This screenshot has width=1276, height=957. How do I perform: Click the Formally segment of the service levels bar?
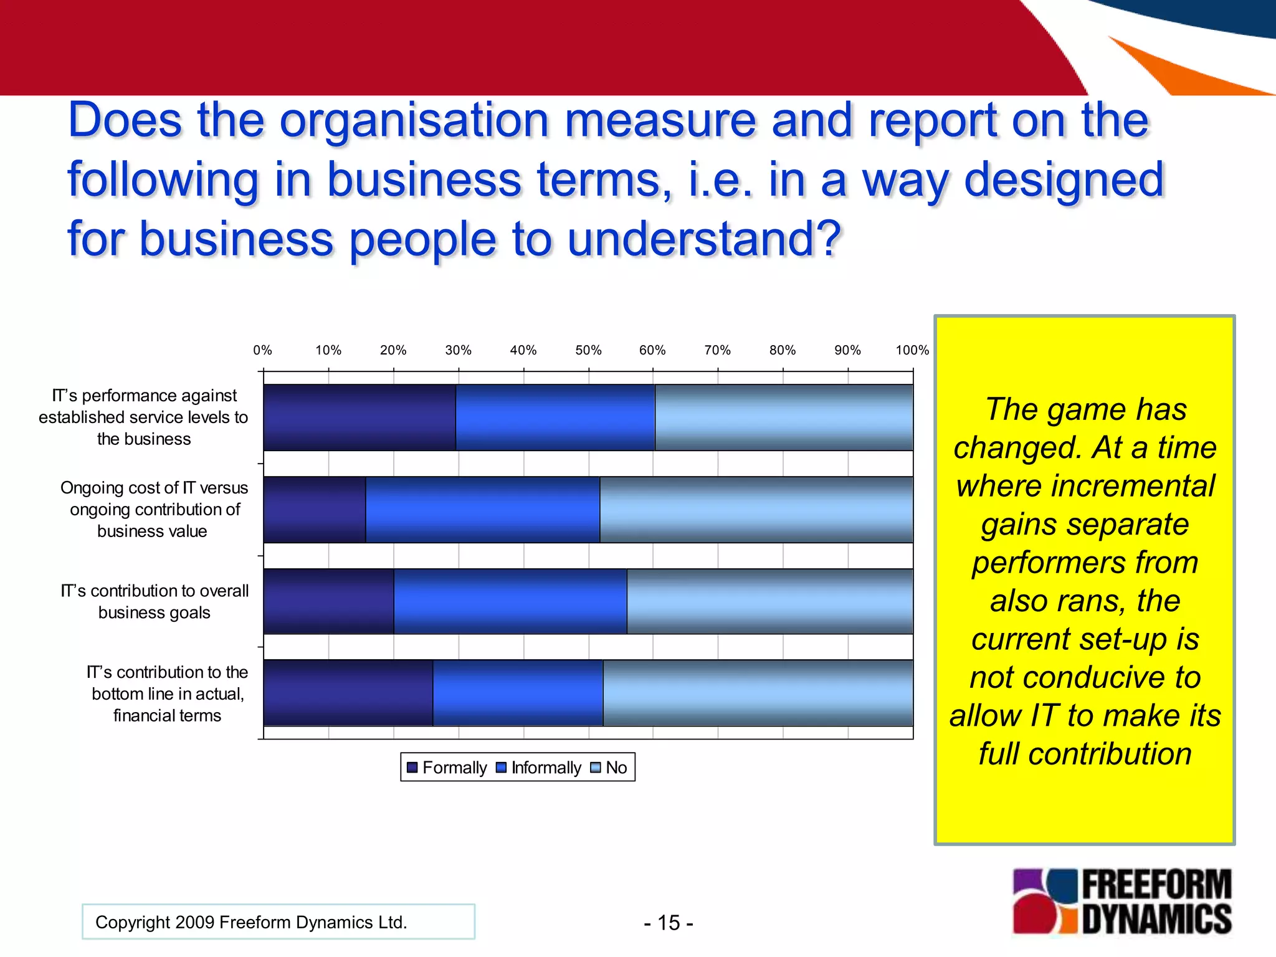coord(359,417)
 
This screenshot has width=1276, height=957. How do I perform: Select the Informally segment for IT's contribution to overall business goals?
coord(510,601)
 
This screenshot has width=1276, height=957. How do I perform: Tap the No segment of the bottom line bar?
coord(758,693)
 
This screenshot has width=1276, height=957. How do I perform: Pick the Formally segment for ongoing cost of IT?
coord(315,510)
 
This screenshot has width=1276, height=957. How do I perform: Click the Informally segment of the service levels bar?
coord(555,417)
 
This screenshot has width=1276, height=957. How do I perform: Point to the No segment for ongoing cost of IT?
coord(756,510)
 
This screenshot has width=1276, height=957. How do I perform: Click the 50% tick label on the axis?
coord(588,350)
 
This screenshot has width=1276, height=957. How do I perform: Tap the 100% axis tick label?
coord(912,350)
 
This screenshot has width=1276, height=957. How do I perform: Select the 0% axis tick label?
coord(263,350)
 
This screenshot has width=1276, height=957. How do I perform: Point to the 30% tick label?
coord(458,350)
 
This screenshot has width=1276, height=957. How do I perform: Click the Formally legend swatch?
coord(412,768)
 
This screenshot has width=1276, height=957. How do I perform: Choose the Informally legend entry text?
coord(546,768)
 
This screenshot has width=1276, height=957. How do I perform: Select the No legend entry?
coord(616,768)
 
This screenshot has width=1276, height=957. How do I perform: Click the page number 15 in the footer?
coord(669,923)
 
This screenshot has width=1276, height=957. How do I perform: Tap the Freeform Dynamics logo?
coord(1122,902)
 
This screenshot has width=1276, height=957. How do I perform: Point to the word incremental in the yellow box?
coord(1085,486)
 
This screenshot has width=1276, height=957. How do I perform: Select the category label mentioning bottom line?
coord(167,693)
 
